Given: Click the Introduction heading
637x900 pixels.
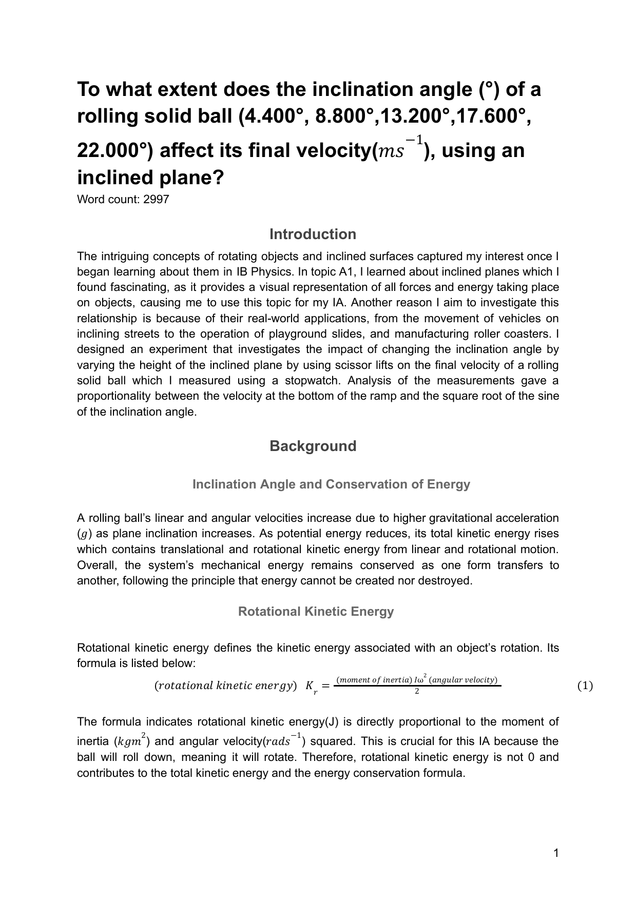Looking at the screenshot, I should pos(313,234).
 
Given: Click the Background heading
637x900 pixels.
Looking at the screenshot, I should pos(313,446).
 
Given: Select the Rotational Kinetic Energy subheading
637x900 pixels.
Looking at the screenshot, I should pos(316,612).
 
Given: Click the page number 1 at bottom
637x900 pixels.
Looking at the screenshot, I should pos(556,853).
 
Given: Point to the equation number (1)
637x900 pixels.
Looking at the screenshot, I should pos(585,686).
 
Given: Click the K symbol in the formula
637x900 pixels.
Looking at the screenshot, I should pos(310,686).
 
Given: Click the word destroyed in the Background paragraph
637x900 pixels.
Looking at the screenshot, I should pos(447,581).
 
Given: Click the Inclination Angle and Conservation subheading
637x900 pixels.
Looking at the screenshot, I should pos(331,484).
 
